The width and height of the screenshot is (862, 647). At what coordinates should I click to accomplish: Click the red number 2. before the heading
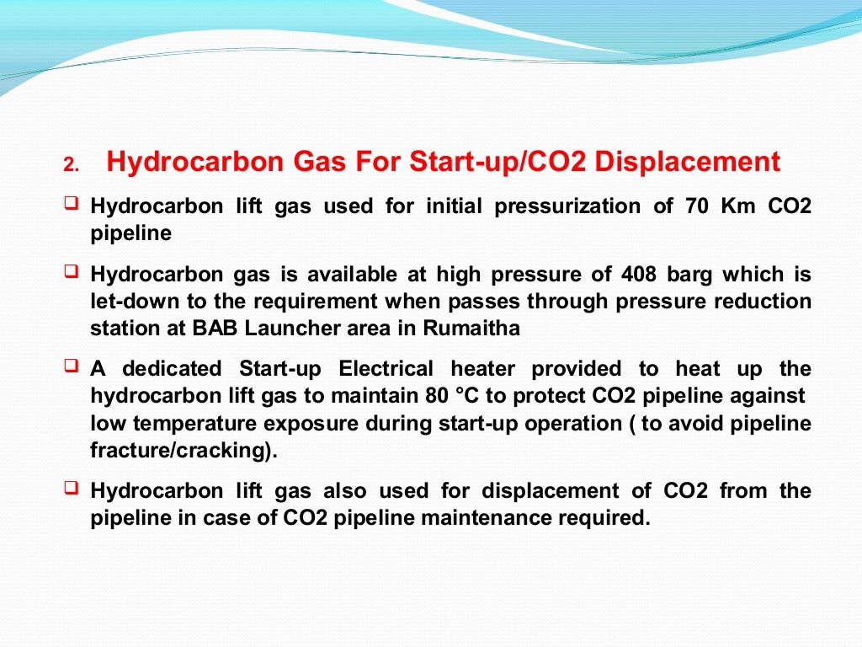coord(71,166)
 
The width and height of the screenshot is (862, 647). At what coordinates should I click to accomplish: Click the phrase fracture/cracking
coord(183,451)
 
